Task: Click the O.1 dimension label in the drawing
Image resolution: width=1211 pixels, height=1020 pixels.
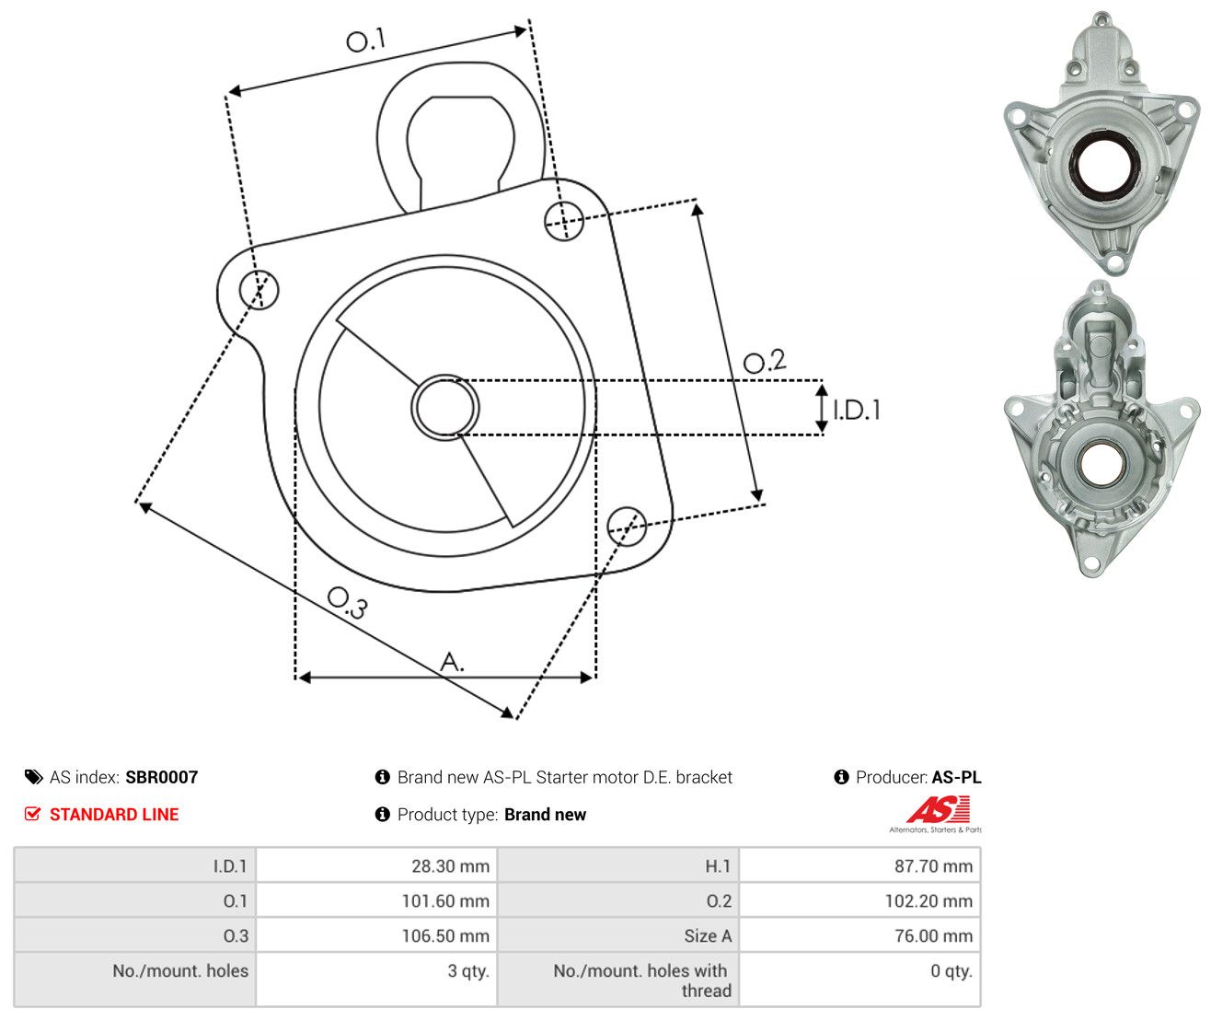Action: pos(365,40)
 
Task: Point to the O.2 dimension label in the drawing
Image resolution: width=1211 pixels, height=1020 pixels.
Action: pos(765,361)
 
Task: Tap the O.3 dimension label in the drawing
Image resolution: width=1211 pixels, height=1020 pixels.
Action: pos(347,603)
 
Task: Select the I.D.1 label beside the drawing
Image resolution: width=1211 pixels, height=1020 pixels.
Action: pos(856,410)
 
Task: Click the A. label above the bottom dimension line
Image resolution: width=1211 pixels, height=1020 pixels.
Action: pos(452,661)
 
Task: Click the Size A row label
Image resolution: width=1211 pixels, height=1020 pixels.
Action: pos(708,935)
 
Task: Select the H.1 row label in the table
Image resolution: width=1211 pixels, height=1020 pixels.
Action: pos(718,865)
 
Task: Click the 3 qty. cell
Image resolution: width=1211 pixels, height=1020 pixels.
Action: pos(468,970)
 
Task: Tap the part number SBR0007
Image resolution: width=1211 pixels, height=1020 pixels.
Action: pos(162,777)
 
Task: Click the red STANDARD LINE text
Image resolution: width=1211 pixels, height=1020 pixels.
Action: pos(114,814)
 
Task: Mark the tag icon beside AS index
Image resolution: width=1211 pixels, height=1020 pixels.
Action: pos(34,777)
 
